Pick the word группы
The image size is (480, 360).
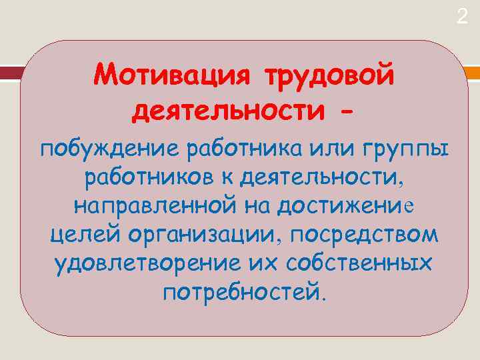pyautogui.click(x=407, y=151)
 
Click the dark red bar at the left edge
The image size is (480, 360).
pyautogui.click(x=9, y=73)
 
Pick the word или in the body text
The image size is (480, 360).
pyautogui.click(x=325, y=150)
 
